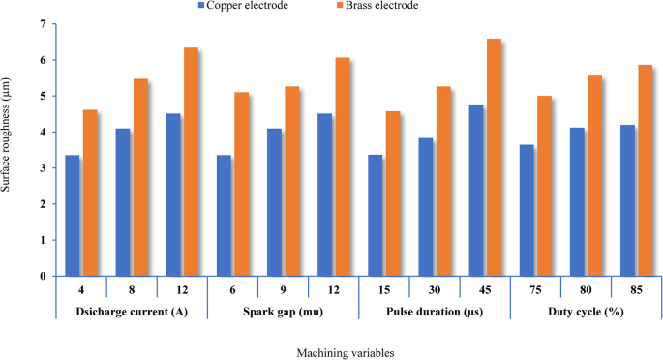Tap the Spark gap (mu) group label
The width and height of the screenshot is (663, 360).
[283, 313]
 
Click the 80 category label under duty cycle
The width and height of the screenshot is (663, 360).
[586, 289]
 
